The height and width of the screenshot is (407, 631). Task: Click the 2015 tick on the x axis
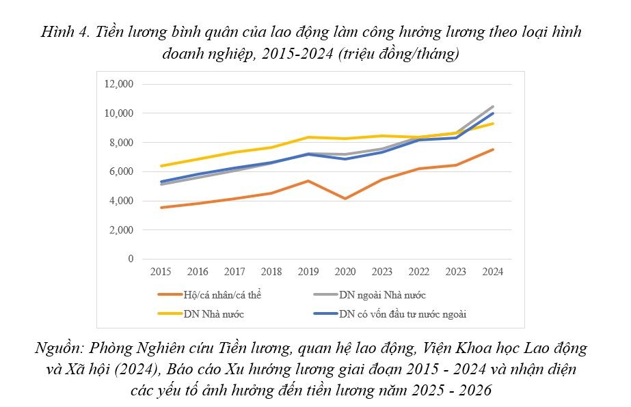(161, 272)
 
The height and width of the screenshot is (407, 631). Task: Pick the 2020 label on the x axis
(345, 272)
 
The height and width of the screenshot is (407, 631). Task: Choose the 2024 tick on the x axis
(492, 272)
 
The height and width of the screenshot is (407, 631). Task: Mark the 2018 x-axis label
(271, 272)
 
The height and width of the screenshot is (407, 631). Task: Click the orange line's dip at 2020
(345, 199)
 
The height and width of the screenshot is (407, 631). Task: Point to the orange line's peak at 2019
(308, 181)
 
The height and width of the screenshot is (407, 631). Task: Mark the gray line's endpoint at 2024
(492, 107)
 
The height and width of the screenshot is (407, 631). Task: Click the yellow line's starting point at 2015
(161, 166)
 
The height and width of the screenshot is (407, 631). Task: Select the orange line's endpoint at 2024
(492, 150)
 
